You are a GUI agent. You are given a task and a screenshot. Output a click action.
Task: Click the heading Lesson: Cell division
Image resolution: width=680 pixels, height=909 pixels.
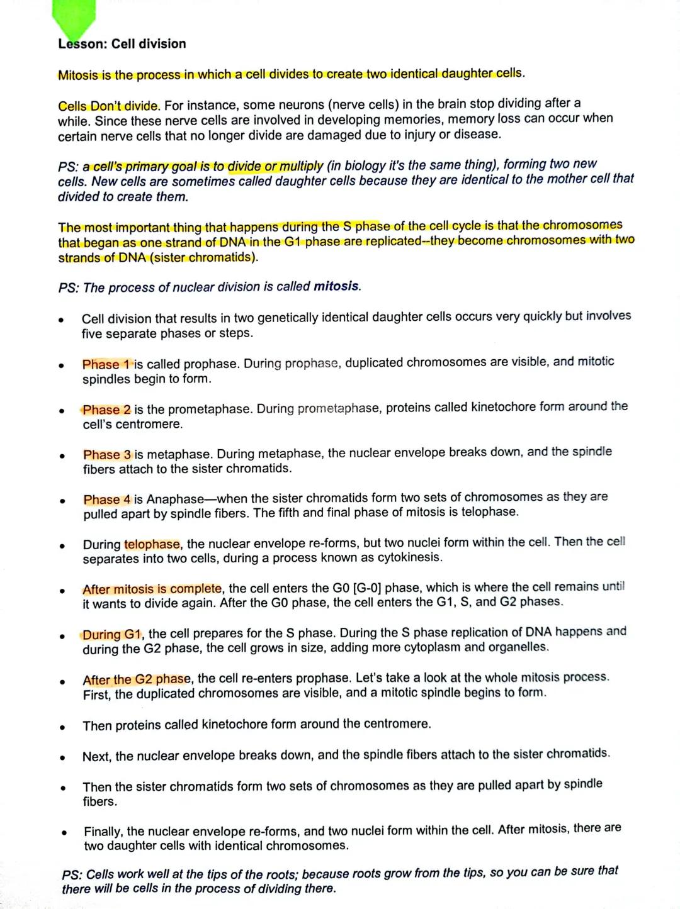tap(122, 44)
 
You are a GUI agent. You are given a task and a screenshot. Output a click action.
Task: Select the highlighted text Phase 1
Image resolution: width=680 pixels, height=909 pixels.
tap(106, 364)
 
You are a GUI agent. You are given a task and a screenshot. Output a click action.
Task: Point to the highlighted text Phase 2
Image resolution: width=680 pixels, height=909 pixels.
tap(106, 410)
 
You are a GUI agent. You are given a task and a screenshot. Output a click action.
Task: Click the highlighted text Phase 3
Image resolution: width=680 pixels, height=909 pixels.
tap(107, 455)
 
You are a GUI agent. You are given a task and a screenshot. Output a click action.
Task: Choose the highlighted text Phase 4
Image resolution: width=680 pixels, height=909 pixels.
tap(107, 499)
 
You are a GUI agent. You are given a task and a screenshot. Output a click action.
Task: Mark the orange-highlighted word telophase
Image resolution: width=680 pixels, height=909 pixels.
tap(152, 544)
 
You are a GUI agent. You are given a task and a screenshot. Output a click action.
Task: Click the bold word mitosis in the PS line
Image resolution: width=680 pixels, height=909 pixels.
tap(337, 287)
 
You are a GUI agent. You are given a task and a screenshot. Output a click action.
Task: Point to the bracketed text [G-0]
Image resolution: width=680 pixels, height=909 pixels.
tap(366, 588)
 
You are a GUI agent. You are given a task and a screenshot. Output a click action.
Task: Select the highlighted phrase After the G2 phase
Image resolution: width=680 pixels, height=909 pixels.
tap(137, 679)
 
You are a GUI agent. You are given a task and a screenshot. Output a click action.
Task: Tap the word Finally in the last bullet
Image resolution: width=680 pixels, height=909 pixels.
tap(103, 832)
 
